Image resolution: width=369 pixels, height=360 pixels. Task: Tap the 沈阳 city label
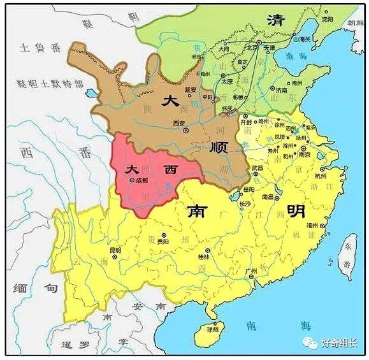[328, 20]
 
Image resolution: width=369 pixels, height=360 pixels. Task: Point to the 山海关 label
[301, 39]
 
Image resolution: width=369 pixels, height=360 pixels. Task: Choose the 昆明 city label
[115, 250]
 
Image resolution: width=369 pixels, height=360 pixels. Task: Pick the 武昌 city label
[257, 168]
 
